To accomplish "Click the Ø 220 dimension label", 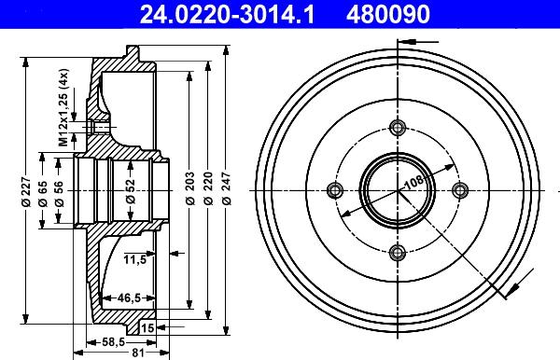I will (x=210, y=190).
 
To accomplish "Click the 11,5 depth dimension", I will (x=136, y=258).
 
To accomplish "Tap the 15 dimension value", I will (x=148, y=327).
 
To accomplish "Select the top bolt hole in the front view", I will (x=398, y=129).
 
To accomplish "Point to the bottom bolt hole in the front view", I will (x=398, y=251).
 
